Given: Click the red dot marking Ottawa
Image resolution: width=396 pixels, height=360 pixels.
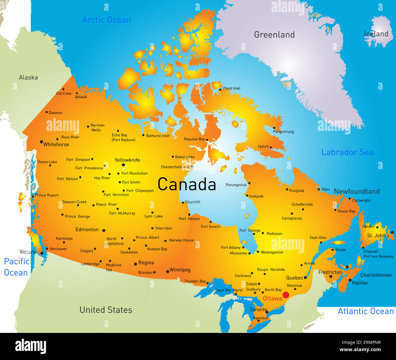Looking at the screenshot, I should coord(286,295).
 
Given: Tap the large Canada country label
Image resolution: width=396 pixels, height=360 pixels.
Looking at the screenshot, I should coord(187,184).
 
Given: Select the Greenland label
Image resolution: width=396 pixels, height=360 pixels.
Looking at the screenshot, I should coord(274,35).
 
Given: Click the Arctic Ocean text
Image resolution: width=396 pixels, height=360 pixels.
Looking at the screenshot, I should coord(106,20).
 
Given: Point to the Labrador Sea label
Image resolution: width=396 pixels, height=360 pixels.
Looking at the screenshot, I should coord(347,152).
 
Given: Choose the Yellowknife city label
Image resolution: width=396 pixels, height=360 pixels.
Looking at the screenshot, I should coord(127,160).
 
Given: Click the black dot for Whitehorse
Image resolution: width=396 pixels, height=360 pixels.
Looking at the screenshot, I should coord(41,142).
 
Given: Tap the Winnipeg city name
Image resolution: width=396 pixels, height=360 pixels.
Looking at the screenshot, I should coord(180,270).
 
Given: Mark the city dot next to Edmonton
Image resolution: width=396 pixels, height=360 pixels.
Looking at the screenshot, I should coord(104,231).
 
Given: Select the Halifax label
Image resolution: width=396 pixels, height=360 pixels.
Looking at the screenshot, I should coord(360,283).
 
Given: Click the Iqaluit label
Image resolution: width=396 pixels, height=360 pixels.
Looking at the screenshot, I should coord(263,146).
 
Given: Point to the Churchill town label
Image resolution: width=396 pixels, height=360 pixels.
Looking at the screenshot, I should coord(193,202).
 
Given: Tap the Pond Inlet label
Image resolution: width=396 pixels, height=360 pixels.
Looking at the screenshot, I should coord(232,88).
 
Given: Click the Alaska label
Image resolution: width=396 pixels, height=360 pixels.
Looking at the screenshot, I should coord(28,77).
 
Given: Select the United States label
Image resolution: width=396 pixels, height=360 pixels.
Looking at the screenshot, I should coord(106,310).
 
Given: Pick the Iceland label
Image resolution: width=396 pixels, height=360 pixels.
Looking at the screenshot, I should coord(376,34).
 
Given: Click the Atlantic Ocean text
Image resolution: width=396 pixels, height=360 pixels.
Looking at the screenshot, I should coord(366,311).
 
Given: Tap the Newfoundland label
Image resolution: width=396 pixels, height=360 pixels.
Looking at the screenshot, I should coord(356,191).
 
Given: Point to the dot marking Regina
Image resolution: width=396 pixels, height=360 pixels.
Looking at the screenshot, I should coord(136,264).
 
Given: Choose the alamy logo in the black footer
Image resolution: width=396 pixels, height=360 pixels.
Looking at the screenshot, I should coord(30,347).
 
